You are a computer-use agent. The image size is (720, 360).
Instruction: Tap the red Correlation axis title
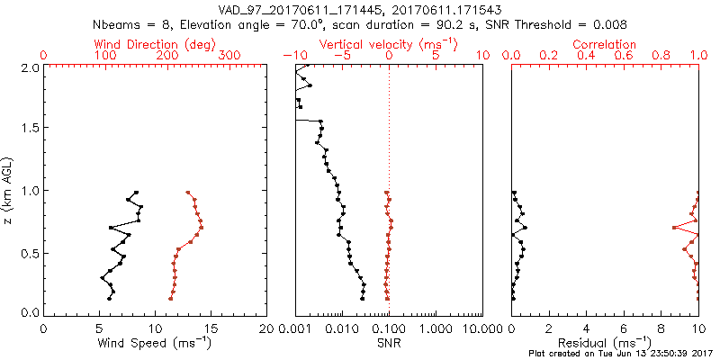(x=605, y=44)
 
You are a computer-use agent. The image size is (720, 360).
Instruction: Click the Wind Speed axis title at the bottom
(x=155, y=342)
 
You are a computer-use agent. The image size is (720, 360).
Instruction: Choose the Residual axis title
(x=605, y=342)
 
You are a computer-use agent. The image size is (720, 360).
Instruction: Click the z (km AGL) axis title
(x=9, y=190)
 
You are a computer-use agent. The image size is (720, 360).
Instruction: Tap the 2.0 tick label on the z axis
(x=30, y=67)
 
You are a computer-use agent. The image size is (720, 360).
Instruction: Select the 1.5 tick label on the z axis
(x=30, y=129)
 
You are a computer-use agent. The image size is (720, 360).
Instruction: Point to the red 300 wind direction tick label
(x=229, y=55)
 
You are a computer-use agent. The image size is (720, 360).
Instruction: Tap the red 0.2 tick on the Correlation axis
(x=549, y=55)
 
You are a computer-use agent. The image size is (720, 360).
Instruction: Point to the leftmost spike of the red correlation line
(x=673, y=227)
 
